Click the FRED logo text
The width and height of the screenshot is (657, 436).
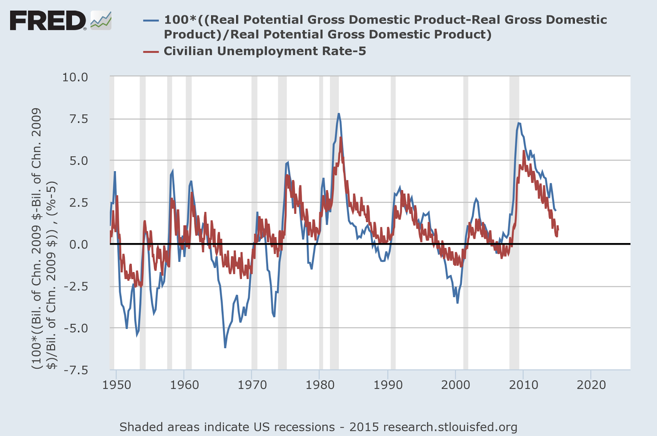[x=47, y=21]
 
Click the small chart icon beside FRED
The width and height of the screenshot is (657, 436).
[x=101, y=20]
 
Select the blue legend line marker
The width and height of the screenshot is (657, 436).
[x=151, y=20]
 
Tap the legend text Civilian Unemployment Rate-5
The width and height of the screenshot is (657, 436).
[x=264, y=51]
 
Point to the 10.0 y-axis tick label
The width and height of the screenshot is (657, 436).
[x=75, y=77]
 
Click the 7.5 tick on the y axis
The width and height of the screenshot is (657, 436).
[x=78, y=119]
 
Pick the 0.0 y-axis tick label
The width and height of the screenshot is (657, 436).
[x=78, y=244]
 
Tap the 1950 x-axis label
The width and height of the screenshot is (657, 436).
[x=117, y=385]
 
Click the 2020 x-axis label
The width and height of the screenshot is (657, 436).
[x=591, y=385]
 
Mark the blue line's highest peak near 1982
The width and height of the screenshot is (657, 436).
[x=339, y=114]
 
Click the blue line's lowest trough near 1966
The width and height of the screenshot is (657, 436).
[x=225, y=347]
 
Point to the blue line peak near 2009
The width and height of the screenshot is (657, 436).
[x=519, y=123]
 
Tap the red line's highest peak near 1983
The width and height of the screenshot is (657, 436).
[x=341, y=138]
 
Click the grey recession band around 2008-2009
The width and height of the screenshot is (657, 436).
[x=514, y=287]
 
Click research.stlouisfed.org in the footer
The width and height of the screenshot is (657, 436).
[x=450, y=427]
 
